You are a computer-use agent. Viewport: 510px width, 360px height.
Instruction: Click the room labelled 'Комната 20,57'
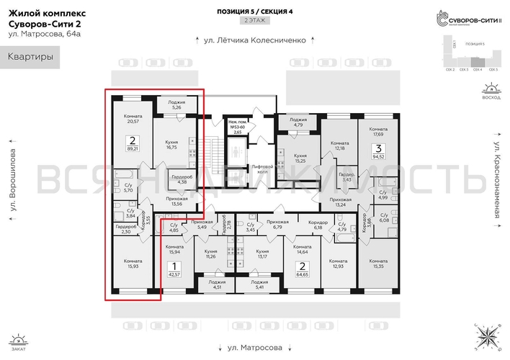tap(132, 120)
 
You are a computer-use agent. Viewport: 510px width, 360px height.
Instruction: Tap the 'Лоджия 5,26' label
tap(172, 105)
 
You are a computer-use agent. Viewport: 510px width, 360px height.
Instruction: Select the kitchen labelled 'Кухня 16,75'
tap(171, 145)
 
